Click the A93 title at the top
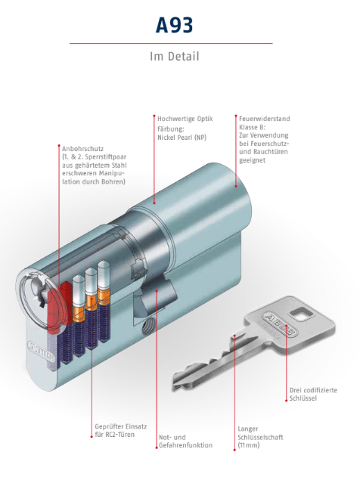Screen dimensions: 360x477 (x=175, y=25)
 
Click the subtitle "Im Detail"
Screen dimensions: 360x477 (x=175, y=57)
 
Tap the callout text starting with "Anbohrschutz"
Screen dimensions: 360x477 (x=94, y=166)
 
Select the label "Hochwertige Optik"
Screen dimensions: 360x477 (x=185, y=119)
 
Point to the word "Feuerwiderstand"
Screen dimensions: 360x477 (x=265, y=119)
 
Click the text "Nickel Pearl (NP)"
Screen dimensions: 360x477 (x=182, y=138)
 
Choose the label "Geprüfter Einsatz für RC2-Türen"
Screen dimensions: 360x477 (x=121, y=430)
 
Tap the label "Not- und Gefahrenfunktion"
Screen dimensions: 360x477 (x=185, y=441)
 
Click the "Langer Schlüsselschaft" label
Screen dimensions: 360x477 (x=260, y=433)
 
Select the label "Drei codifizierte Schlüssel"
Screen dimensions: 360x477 (x=313, y=395)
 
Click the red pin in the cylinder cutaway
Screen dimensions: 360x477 (x=56, y=307)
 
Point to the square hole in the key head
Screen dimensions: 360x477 (x=301, y=314)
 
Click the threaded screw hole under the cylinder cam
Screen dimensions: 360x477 (x=149, y=327)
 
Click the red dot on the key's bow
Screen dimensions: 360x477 (x=287, y=401)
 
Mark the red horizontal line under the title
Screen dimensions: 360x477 (x=171, y=44)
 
